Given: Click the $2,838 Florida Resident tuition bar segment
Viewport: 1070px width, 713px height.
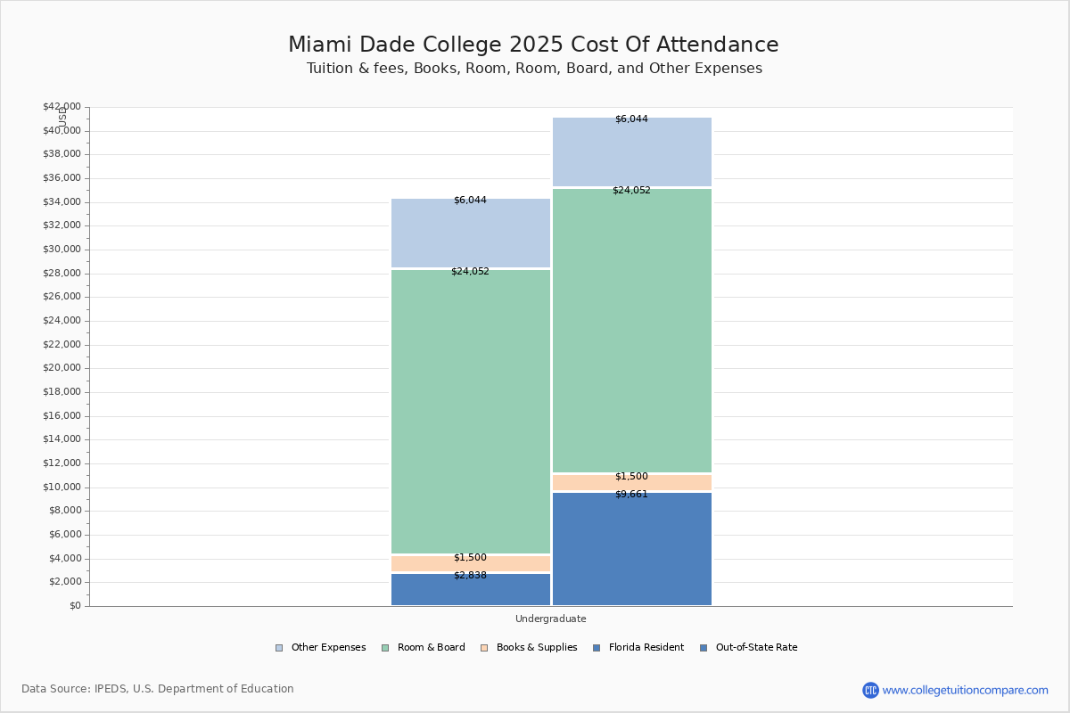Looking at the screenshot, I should (x=471, y=590).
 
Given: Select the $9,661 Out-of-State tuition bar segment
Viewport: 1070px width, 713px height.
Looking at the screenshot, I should (x=631, y=549).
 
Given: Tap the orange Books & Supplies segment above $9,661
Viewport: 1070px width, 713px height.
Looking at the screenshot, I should (x=631, y=482).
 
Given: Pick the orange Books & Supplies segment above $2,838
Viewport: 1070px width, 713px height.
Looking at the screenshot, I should (x=471, y=563).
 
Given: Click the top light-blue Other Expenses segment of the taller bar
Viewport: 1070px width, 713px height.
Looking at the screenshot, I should (x=631, y=152).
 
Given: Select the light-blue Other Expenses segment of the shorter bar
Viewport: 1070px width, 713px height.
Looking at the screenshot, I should (x=471, y=234).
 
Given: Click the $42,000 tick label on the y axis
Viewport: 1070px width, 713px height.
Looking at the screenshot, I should (x=62, y=107).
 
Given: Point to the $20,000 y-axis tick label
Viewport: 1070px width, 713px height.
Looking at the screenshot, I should (x=62, y=368).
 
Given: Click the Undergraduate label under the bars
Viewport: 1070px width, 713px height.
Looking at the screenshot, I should (x=550, y=619).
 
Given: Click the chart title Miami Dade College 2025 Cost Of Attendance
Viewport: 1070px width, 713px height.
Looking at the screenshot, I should (x=533, y=45).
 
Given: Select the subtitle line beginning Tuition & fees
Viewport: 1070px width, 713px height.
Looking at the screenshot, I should (x=534, y=69).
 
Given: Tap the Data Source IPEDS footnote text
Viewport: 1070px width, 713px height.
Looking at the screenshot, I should (x=158, y=689).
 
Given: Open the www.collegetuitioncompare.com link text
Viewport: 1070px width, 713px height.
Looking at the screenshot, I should (x=965, y=690).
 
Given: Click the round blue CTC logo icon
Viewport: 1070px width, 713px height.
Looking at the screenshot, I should (x=870, y=690).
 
